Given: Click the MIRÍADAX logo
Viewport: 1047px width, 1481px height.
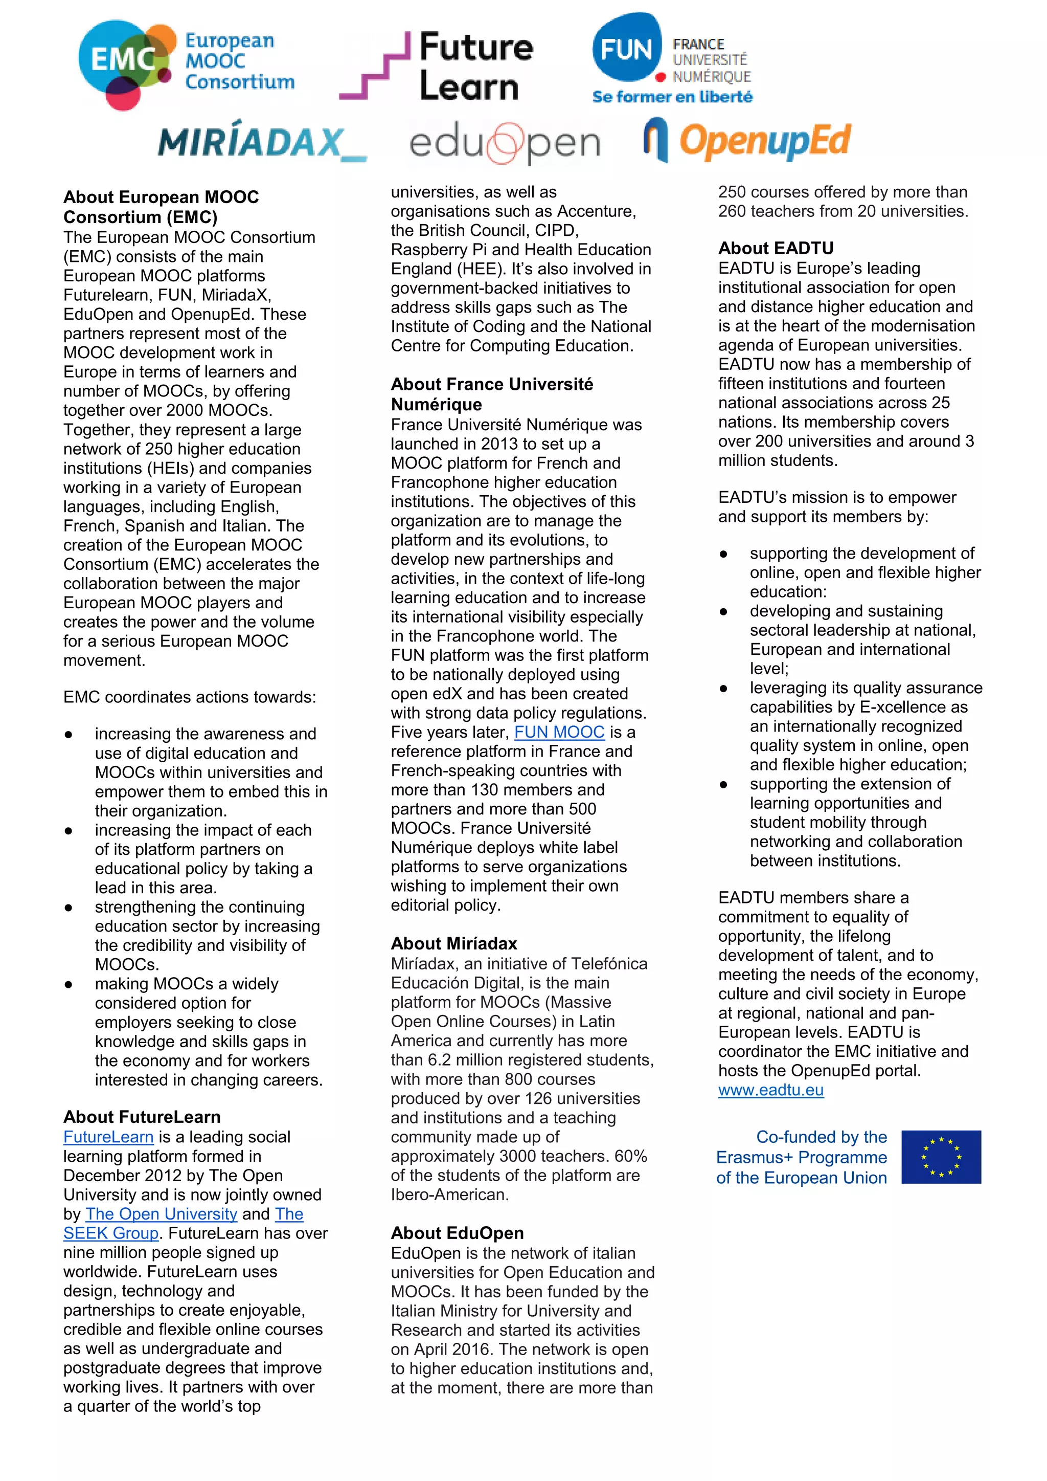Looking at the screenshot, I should [262, 142].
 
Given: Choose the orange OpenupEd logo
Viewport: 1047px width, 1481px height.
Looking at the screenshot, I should [748, 141].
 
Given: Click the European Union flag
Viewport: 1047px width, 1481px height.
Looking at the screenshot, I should [941, 1157].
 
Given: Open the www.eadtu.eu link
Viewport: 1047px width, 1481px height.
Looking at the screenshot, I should [770, 1090].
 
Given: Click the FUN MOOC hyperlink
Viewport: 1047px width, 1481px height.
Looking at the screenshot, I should [559, 732].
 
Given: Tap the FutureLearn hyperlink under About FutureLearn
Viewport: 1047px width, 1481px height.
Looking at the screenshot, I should [108, 1137].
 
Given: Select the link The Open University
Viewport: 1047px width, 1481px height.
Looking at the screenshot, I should [161, 1213].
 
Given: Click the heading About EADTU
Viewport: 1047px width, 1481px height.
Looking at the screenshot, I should [776, 248].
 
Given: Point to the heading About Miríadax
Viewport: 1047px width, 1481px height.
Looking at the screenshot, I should [454, 944].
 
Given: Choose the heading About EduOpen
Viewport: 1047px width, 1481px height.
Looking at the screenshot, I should [457, 1233].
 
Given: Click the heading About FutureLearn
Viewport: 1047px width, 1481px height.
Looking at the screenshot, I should [142, 1117].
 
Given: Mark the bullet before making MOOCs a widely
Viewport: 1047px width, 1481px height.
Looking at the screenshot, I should [69, 984].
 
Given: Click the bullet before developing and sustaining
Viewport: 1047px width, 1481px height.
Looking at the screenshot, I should [723, 611].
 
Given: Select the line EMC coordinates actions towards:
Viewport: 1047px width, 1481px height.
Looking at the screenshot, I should [190, 697].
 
